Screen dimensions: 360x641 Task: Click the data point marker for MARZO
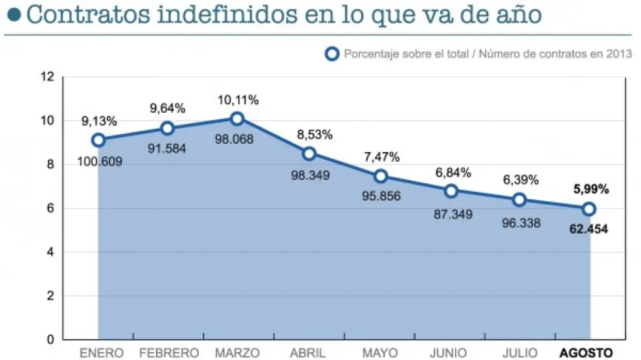pos(237,118)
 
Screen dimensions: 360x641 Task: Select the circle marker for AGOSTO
pos(589,209)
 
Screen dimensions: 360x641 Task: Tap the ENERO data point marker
pos(98,140)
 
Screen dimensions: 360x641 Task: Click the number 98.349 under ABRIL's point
pos(309,175)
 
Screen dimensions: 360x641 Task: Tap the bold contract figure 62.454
pos(589,229)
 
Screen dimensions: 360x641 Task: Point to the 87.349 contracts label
pos(451,214)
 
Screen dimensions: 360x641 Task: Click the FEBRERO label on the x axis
pos(168,352)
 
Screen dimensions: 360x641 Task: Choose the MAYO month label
pos(379,352)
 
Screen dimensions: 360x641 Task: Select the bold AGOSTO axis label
pos(585,352)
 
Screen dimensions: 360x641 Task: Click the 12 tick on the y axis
pos(47,77)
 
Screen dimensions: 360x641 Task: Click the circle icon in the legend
pos(332,54)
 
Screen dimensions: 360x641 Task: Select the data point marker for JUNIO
pos(451,190)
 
